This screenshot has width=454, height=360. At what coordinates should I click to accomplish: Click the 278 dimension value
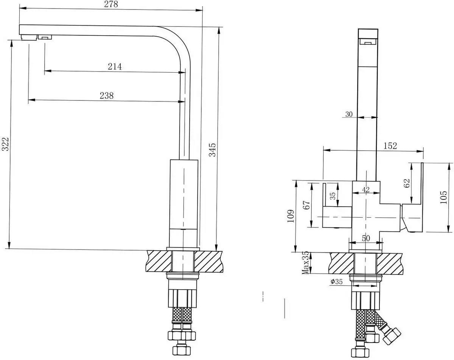pyautogui.click(x=111, y=4)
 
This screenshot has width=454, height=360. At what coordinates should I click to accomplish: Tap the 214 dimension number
pyautogui.click(x=115, y=67)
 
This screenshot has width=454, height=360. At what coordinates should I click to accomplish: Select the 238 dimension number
pyautogui.click(x=107, y=96)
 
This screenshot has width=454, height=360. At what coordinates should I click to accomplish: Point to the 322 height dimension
pyautogui.click(x=5, y=144)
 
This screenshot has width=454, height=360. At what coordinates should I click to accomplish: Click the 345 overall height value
pyautogui.click(x=212, y=150)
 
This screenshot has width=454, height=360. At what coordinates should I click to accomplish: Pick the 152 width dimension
pyautogui.click(x=390, y=146)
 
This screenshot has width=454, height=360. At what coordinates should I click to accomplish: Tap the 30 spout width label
pyautogui.click(x=349, y=114)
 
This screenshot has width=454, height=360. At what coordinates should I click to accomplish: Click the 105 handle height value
pyautogui.click(x=443, y=197)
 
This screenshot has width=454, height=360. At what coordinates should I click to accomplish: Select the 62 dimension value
pyautogui.click(x=407, y=183)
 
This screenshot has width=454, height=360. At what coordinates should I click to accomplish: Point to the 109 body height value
pyautogui.click(x=291, y=216)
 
